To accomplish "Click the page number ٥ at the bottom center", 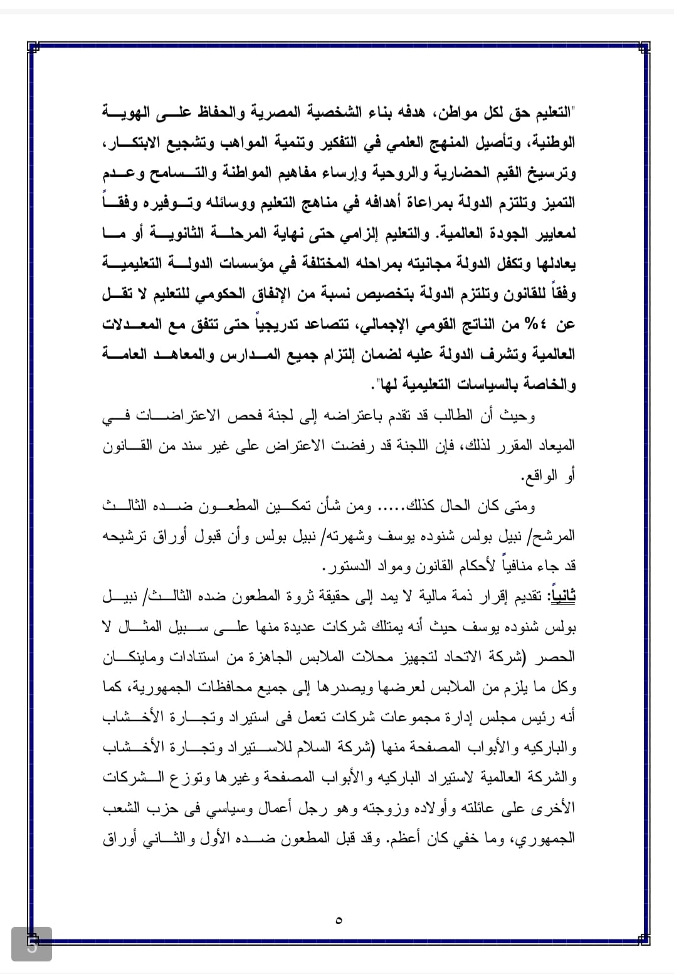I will (x=339, y=921).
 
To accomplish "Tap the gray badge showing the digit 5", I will (x=31, y=944).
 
